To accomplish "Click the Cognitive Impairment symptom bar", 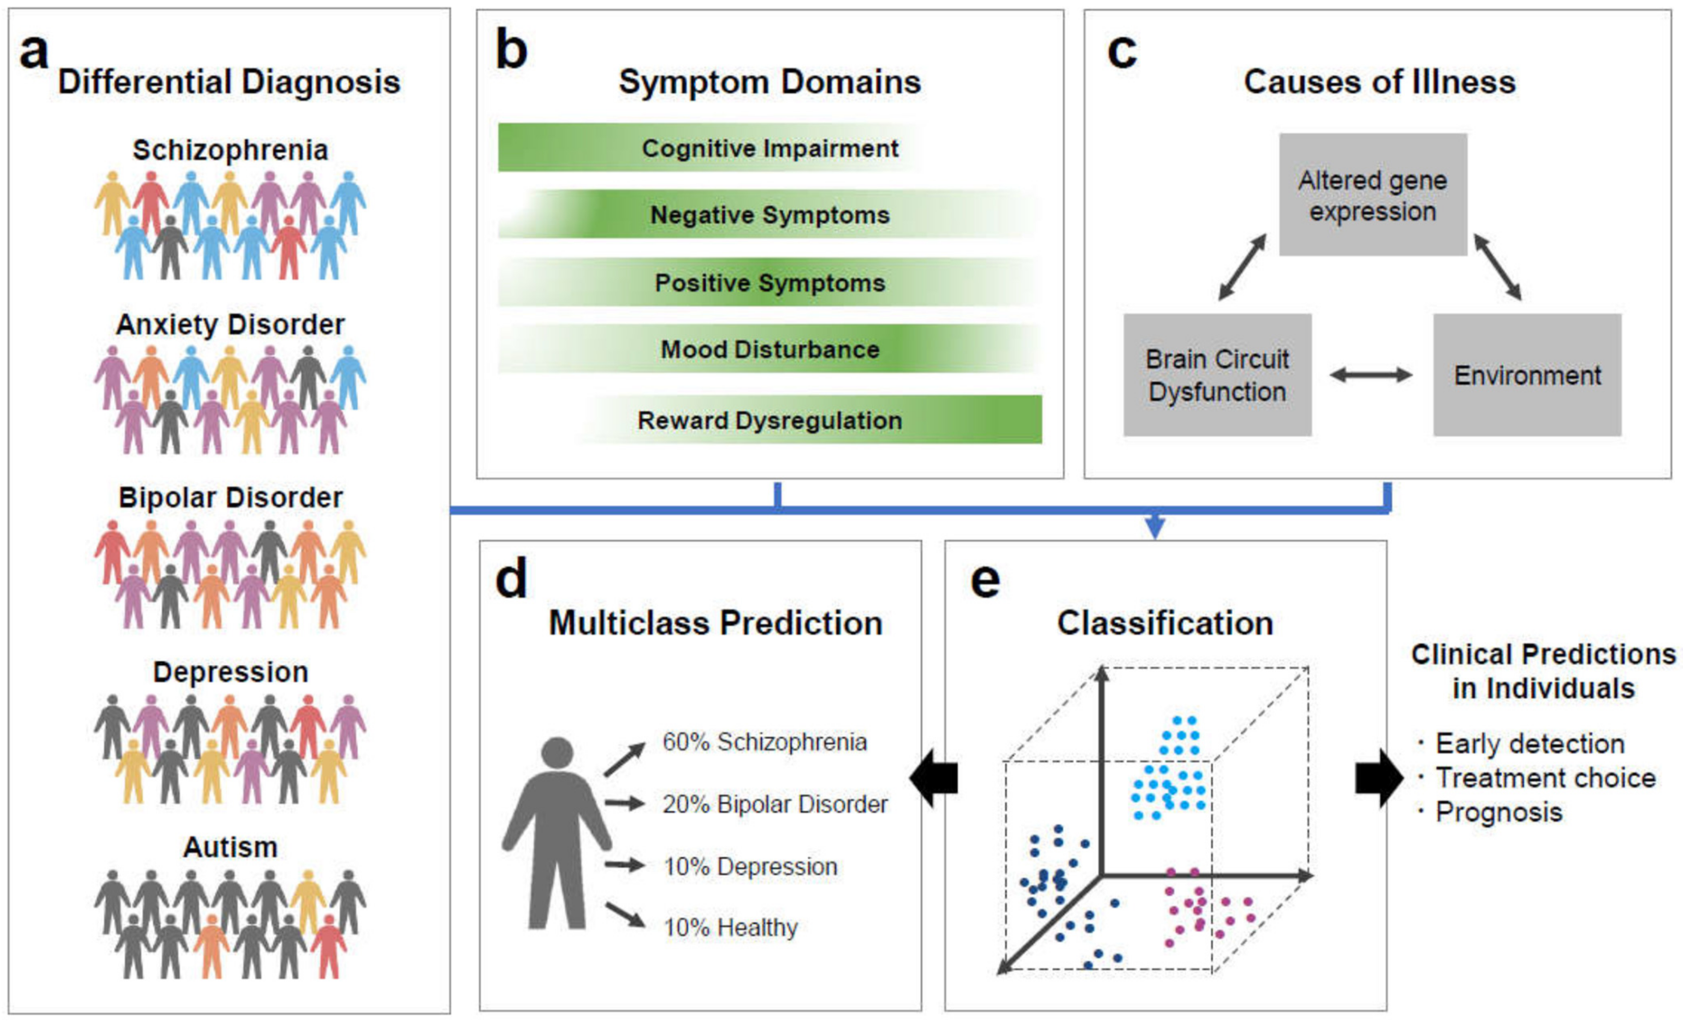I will [710, 147].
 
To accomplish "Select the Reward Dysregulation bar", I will [806, 420].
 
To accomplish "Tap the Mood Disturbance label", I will [770, 350].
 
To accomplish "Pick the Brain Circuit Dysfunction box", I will [1217, 375].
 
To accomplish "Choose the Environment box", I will [1527, 375].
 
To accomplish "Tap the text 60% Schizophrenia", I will [764, 742].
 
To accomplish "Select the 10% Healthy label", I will [730, 927].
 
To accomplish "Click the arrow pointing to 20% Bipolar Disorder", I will [624, 803].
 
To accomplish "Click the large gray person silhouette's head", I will [557, 752].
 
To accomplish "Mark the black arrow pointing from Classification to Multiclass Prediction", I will [934, 778].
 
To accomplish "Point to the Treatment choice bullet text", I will [1545, 778].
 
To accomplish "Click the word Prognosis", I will [1499, 812].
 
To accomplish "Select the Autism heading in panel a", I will [230, 847].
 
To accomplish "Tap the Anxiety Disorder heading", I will [230, 324].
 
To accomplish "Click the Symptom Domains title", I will [770, 82].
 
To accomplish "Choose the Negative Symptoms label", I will [770, 215].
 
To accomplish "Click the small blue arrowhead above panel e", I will [1154, 527].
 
